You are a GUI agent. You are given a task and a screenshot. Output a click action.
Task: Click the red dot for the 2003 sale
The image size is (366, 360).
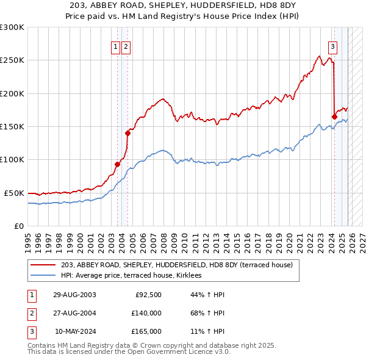117,164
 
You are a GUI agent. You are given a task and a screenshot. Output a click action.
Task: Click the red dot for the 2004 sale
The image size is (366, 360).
127,133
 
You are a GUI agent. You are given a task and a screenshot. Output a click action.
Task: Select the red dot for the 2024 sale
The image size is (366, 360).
334,117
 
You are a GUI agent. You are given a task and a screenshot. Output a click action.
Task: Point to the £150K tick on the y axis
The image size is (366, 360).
12,126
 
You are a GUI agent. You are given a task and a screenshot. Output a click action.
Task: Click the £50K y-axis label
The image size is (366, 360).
13,193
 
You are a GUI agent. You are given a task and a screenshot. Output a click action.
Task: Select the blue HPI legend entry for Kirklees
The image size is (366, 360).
135,275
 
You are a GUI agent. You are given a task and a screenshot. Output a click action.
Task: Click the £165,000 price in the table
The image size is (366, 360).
146,331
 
